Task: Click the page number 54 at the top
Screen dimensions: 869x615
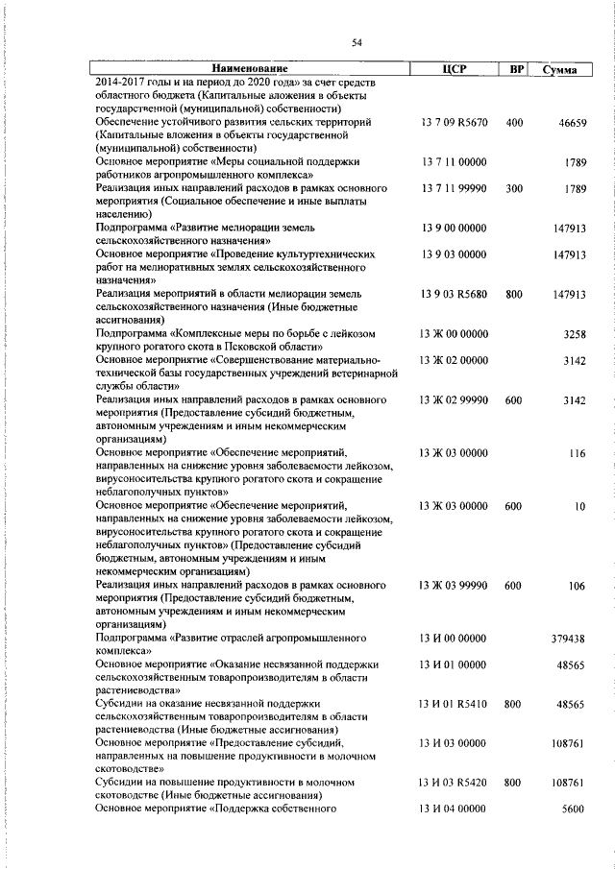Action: click(x=357, y=42)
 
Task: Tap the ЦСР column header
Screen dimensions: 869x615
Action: click(x=454, y=70)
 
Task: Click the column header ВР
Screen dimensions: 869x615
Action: click(x=515, y=70)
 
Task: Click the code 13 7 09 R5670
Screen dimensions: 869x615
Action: click(x=455, y=123)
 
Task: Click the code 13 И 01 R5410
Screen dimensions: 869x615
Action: click(x=455, y=704)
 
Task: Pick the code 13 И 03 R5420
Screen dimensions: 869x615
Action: click(x=455, y=783)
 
